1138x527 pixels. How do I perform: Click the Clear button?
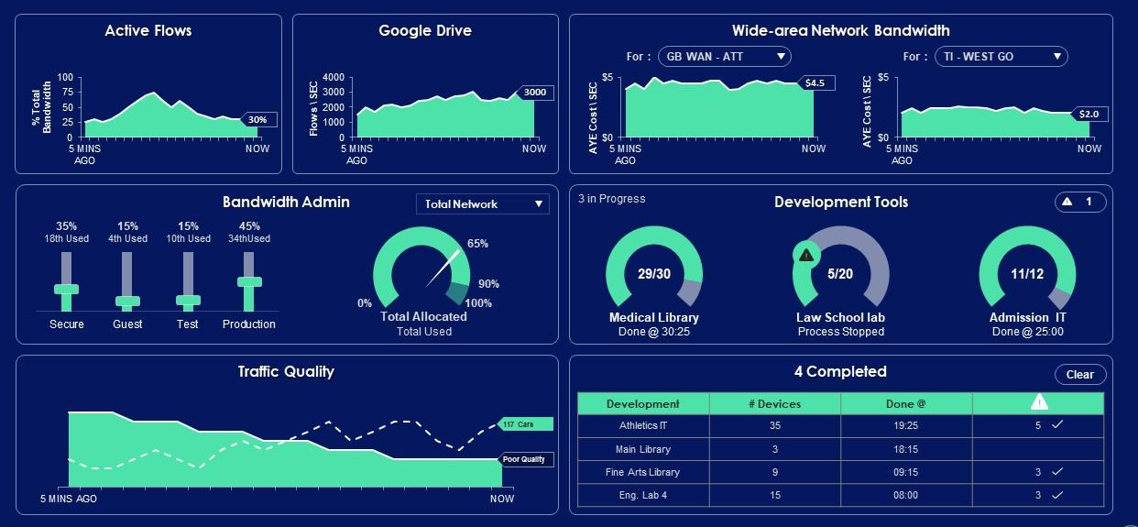click(x=1080, y=374)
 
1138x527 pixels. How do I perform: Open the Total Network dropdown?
click(x=483, y=204)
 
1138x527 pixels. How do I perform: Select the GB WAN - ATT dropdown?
click(x=725, y=57)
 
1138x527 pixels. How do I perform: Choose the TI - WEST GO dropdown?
click(x=1001, y=57)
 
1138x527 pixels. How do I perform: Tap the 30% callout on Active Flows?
click(x=257, y=120)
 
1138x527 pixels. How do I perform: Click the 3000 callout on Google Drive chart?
click(x=533, y=92)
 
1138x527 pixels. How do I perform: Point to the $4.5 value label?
click(x=814, y=82)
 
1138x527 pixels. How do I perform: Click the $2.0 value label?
click(x=1089, y=115)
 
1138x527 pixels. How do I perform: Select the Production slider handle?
click(x=249, y=281)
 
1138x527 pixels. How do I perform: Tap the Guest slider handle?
click(x=127, y=301)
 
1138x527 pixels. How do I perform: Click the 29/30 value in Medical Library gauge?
click(x=654, y=274)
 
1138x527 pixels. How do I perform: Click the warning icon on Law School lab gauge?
click(x=805, y=255)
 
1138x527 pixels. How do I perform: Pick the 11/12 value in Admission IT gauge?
click(x=1027, y=274)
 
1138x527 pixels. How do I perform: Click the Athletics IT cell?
click(x=643, y=425)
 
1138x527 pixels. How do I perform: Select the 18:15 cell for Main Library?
click(x=905, y=449)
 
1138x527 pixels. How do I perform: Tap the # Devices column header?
click(x=774, y=403)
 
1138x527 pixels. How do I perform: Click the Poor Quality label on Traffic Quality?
click(x=527, y=459)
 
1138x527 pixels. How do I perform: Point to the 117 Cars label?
click(x=526, y=424)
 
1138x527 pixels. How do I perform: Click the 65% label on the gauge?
click(x=477, y=244)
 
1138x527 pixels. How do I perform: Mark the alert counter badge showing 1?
click(x=1080, y=202)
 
